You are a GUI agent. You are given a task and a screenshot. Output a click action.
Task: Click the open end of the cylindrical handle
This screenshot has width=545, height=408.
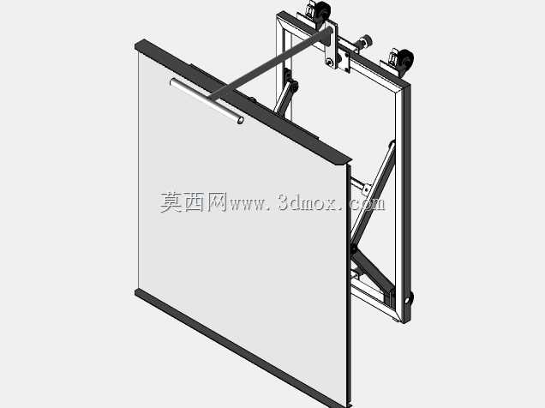pyautogui.click(x=240, y=120)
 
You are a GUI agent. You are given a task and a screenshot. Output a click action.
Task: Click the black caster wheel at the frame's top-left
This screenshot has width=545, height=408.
pyautogui.click(x=321, y=10)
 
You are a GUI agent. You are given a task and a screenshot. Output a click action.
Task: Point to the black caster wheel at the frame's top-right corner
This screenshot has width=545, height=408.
pyautogui.click(x=406, y=59)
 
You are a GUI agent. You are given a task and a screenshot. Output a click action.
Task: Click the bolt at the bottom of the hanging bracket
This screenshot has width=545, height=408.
pyautogui.click(x=329, y=63)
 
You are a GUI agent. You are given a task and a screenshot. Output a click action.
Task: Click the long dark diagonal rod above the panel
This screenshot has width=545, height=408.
pyautogui.click(x=272, y=63)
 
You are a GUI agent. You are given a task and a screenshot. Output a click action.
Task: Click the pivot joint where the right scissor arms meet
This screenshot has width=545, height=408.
pyautogui.click(x=354, y=248)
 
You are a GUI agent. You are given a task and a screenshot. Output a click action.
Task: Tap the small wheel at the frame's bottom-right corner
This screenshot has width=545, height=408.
pyautogui.click(x=410, y=299)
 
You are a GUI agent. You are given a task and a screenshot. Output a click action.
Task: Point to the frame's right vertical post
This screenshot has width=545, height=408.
pyautogui.click(x=404, y=202)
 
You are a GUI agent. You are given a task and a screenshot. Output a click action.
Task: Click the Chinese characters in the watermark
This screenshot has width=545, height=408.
pyautogui.click(x=194, y=202)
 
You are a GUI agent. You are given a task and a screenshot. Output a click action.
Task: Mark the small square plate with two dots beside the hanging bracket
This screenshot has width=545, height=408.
pyautogui.click(x=344, y=60)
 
